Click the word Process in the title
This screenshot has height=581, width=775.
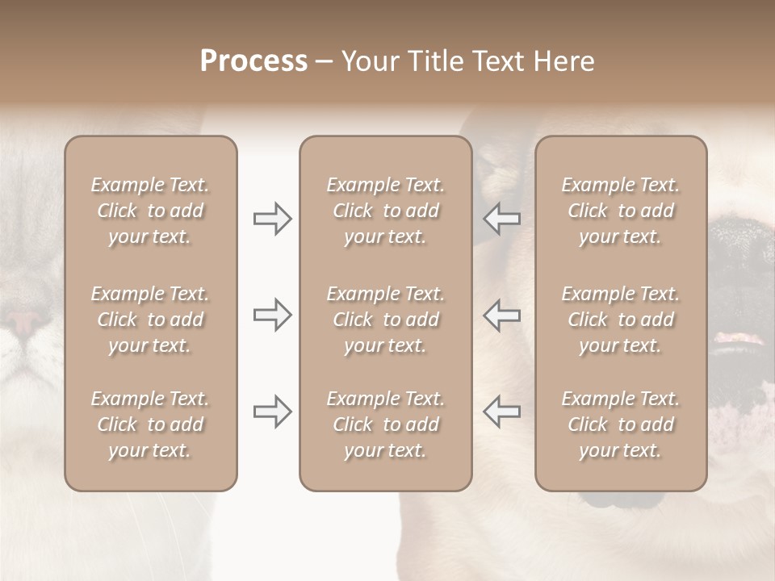(x=253, y=61)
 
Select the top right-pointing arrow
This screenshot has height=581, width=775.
(x=272, y=219)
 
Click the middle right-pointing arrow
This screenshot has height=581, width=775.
(x=272, y=315)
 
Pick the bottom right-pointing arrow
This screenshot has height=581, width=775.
(x=272, y=412)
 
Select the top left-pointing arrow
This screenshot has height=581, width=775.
(x=501, y=219)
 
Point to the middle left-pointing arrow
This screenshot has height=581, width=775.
(x=501, y=315)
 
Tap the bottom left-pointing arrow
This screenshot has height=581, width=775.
(x=501, y=412)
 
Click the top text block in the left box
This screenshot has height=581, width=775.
(x=150, y=211)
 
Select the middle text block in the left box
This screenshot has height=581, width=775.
(x=150, y=320)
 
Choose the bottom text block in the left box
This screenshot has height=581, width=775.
(x=150, y=424)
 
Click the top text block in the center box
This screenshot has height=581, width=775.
(x=385, y=211)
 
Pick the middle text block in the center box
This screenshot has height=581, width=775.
(x=385, y=320)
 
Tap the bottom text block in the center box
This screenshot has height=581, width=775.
(x=385, y=424)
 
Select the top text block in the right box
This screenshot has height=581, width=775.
(x=620, y=211)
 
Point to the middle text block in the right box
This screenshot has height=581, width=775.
(x=620, y=320)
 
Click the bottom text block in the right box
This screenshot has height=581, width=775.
(x=620, y=424)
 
